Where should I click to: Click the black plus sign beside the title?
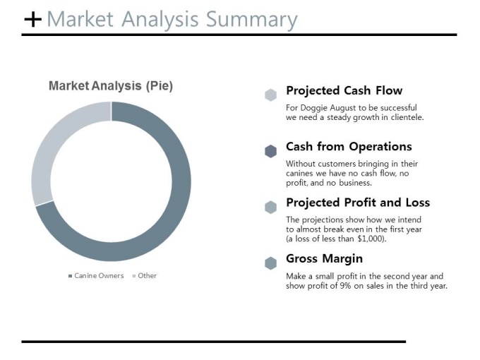point(32,19)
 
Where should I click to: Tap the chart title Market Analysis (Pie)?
point(111,85)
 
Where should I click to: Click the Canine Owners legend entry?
point(96,276)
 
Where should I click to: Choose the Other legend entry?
point(145,276)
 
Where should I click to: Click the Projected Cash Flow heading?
point(344,90)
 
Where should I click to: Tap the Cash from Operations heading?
point(349,147)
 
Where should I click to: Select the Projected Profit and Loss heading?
point(358,203)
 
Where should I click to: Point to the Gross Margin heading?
point(324,258)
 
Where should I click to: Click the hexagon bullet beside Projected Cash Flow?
point(270,95)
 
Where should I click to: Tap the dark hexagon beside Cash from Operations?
point(270,151)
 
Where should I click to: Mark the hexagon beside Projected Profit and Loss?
point(270,208)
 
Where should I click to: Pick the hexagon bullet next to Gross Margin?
point(270,263)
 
